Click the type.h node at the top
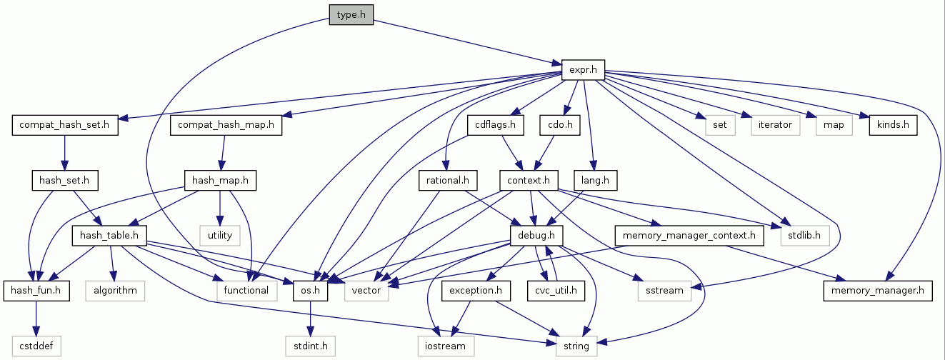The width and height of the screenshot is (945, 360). point(351,14)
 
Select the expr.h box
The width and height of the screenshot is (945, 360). point(583,70)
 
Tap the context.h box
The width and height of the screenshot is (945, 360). point(528,181)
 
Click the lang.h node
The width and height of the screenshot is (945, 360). point(595,181)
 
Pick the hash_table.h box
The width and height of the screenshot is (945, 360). point(109,235)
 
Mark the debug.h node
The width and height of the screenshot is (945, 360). point(536,235)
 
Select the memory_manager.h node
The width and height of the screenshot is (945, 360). point(879,290)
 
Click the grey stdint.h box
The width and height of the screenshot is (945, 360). point(311,346)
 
